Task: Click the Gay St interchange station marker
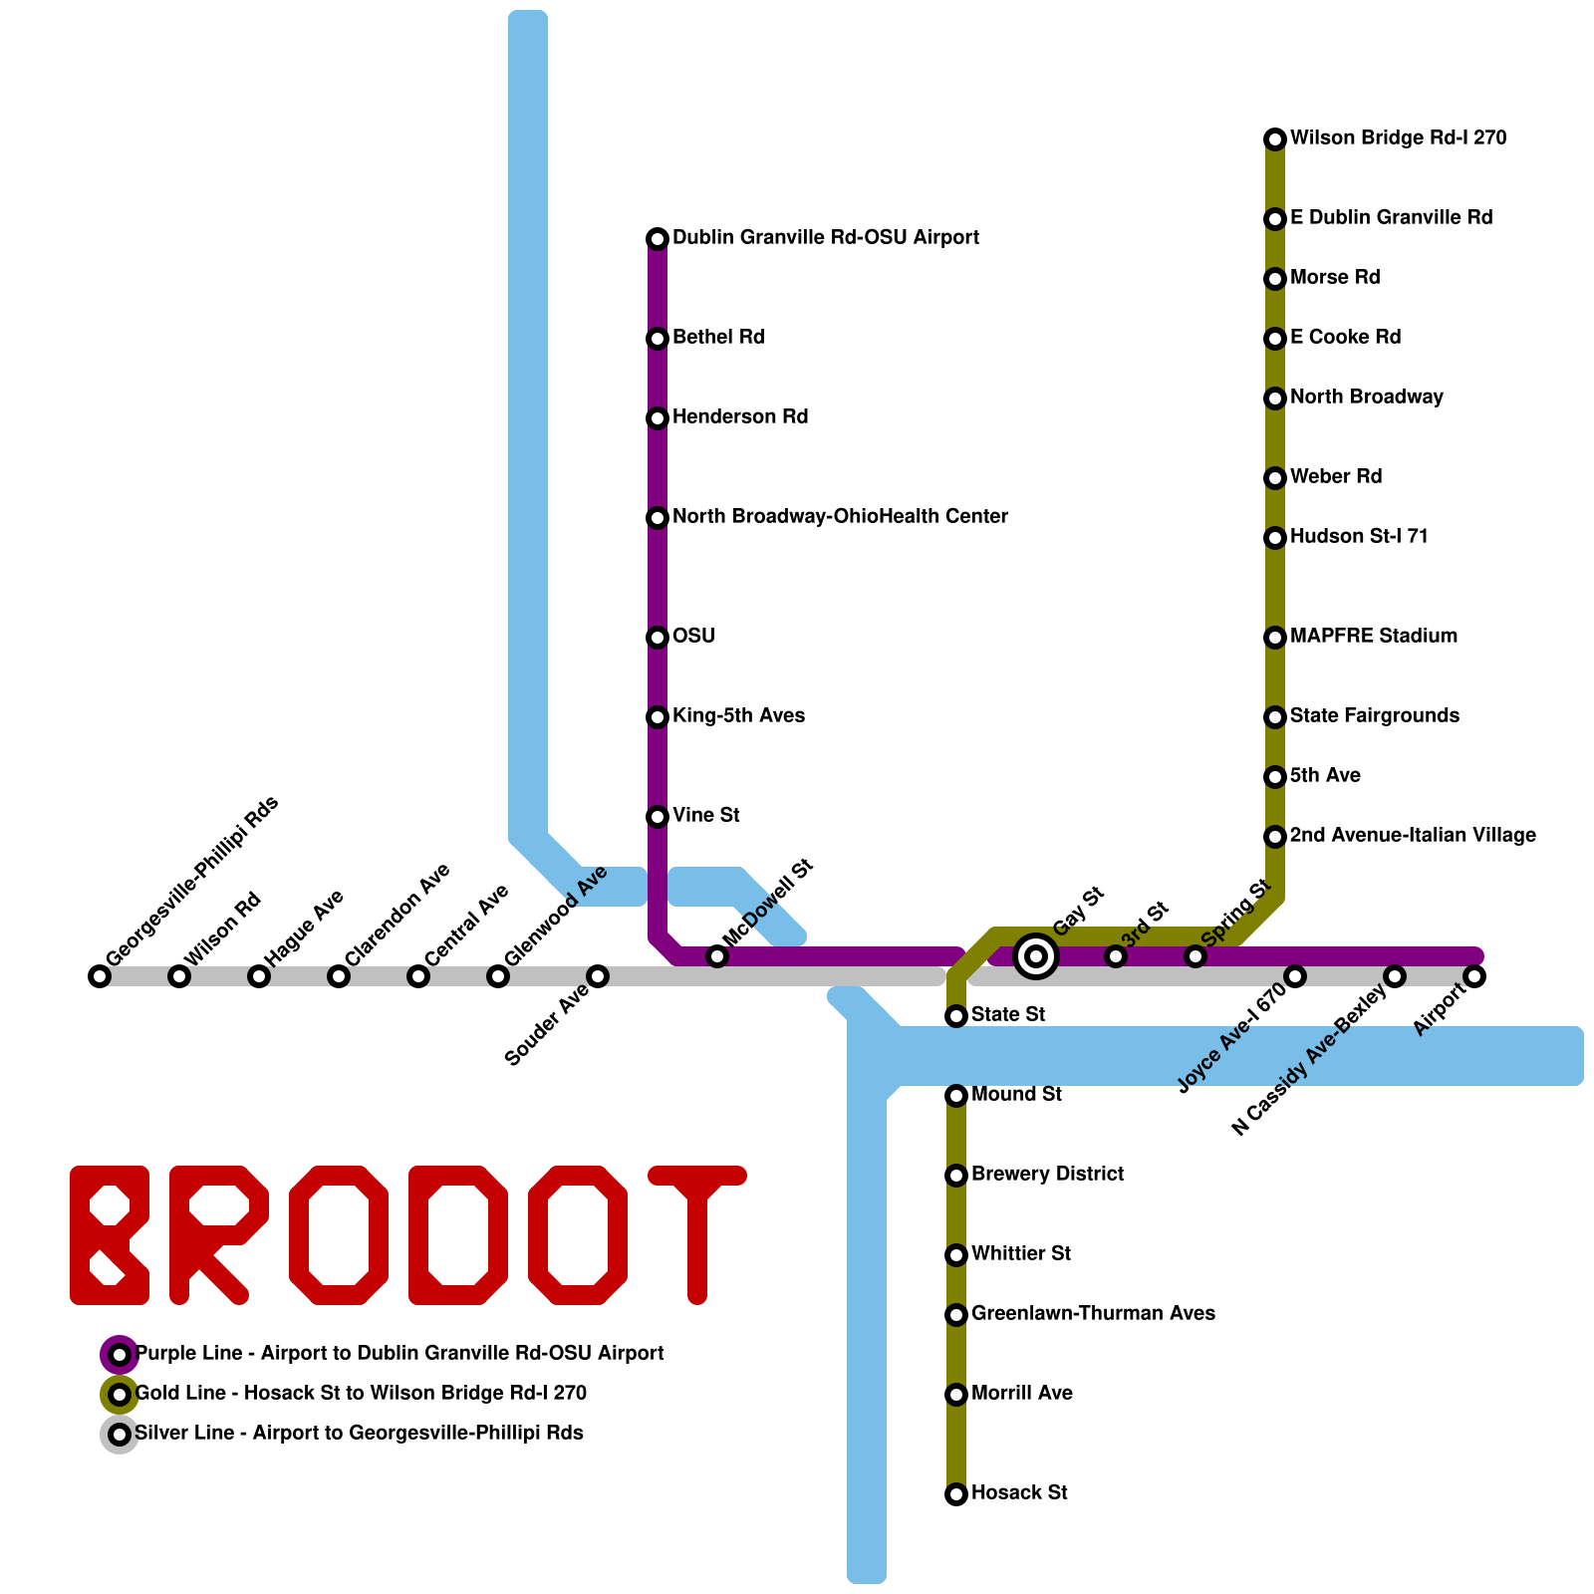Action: click(x=1036, y=956)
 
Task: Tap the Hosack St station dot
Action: click(x=956, y=1494)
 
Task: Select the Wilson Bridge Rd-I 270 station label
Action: click(x=1398, y=138)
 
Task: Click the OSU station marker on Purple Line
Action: click(x=658, y=638)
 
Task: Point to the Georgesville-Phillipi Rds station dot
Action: click(x=100, y=976)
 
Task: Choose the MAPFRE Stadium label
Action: click(x=1373, y=637)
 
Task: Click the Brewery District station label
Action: click(x=1047, y=1175)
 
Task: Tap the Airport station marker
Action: click(x=1474, y=976)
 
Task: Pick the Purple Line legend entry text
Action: click(x=398, y=1354)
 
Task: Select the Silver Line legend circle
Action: click(x=120, y=1435)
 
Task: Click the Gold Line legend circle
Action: click(x=120, y=1395)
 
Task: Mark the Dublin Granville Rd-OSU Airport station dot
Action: click(x=658, y=239)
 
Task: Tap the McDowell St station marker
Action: click(x=717, y=956)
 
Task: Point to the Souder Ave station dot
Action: click(x=598, y=976)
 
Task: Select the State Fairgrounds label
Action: click(x=1374, y=716)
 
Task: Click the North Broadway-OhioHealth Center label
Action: click(x=840, y=517)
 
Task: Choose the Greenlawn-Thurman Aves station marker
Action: click(x=956, y=1315)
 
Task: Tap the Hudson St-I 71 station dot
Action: click(x=1275, y=538)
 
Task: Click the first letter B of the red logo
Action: click(x=110, y=1235)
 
